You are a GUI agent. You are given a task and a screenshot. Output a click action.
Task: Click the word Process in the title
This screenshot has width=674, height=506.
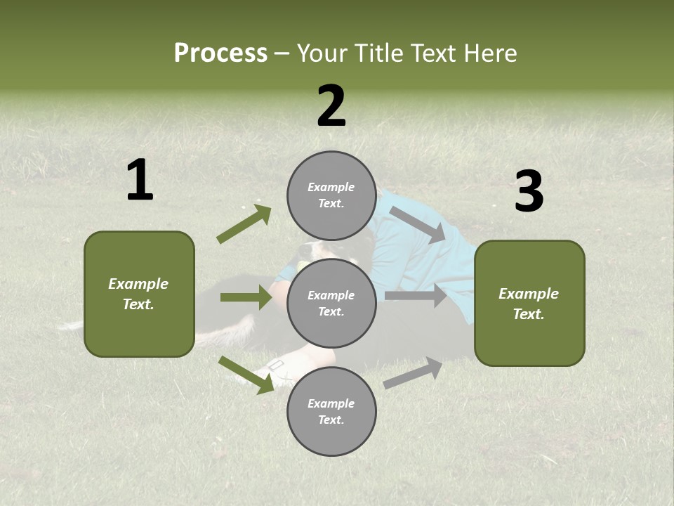point(220,53)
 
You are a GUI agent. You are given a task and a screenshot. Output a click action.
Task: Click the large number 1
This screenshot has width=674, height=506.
point(140,181)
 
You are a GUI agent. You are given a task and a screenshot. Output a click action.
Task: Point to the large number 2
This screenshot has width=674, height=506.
point(331,106)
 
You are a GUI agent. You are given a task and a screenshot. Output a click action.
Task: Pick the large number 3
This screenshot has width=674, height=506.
point(529,192)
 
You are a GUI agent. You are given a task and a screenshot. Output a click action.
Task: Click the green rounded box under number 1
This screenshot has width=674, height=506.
point(139,294)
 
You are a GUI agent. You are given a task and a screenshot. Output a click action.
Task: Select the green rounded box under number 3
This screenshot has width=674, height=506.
point(529,304)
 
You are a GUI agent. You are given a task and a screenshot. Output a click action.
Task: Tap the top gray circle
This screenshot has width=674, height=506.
point(331,195)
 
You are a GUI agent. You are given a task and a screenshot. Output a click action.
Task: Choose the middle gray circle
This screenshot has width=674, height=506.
point(331,303)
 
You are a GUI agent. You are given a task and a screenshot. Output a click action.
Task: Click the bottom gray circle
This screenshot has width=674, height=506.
point(331,411)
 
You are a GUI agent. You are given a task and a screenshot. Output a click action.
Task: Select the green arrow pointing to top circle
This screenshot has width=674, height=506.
point(244,224)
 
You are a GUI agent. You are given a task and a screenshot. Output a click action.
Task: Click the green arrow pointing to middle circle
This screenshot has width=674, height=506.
point(246,297)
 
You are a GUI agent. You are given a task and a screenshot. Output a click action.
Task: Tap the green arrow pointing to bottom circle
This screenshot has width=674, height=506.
point(246,375)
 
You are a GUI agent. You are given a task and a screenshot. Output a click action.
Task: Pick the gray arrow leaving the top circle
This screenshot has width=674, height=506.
point(418,224)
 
